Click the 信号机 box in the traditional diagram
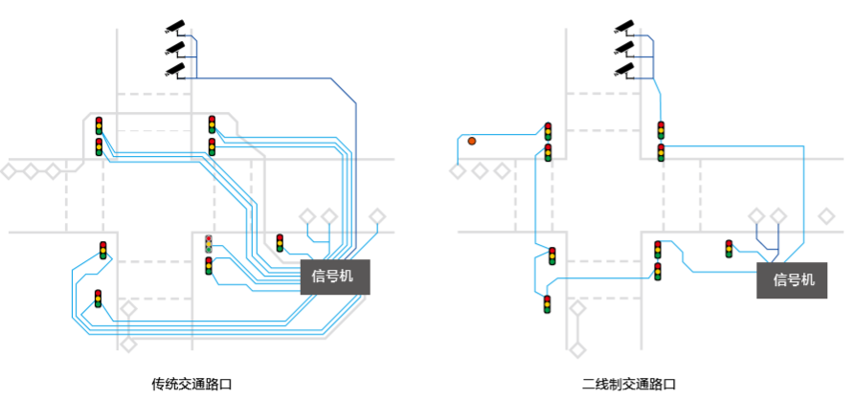tap(333, 276)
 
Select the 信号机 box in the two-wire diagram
tap(793, 279)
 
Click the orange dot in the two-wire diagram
tap(472, 142)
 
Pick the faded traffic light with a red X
tap(209, 243)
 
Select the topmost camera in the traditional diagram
tap(174, 26)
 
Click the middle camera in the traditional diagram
tap(174, 47)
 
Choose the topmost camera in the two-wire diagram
tap(623, 26)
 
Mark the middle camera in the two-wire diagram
tap(623, 47)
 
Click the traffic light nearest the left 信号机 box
tap(280, 242)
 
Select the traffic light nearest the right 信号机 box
tap(730, 249)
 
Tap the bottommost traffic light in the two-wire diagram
tap(548, 305)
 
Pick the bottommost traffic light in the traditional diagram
tap(98, 299)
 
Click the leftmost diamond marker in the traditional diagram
tap(9, 171)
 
